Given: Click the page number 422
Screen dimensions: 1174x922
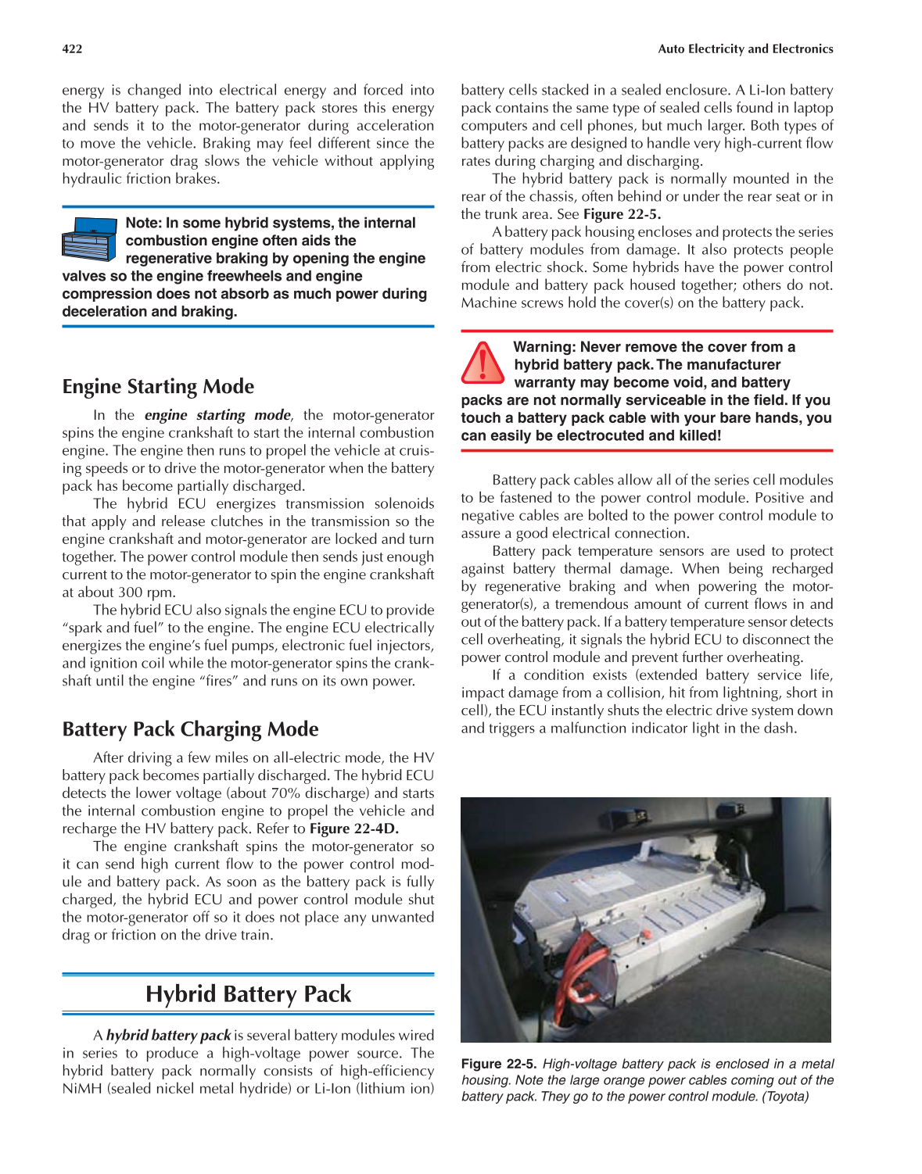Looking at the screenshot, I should pos(72,48).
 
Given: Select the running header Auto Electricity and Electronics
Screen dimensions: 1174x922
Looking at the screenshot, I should pos(744,48).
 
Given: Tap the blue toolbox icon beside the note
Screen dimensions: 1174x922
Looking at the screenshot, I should pos(89,239).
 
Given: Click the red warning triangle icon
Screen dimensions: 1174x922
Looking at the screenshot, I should pos(483,363).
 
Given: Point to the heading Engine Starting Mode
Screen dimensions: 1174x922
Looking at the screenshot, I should pos(158,387).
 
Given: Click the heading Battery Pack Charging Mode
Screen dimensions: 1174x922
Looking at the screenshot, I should pos(190,729).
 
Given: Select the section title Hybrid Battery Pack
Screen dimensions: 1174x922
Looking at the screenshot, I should pos(248,994).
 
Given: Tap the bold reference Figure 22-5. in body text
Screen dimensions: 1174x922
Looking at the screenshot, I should pos(622,214).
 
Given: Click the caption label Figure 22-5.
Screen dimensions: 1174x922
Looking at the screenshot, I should pos(498,1064).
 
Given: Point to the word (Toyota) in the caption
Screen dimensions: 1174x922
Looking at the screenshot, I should pos(785,1096).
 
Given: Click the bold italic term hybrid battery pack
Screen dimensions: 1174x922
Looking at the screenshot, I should pos(168,1036).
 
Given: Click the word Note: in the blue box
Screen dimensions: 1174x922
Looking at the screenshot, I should pos(143,223).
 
